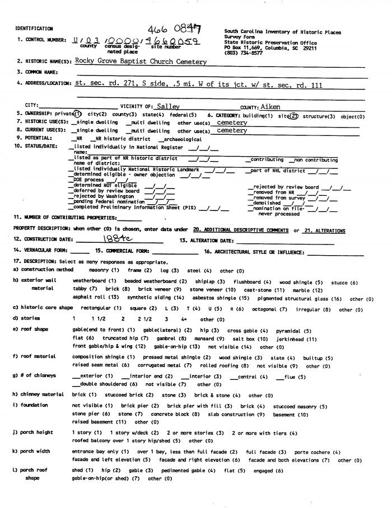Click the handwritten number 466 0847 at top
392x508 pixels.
click(x=175, y=29)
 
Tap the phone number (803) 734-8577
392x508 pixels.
click(x=242, y=53)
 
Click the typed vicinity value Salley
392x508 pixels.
click(x=168, y=106)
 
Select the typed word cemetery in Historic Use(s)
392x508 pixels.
click(x=231, y=123)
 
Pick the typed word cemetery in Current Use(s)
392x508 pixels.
click(x=231, y=130)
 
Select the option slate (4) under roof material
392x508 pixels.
click(x=278, y=358)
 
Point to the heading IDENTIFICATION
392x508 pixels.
click(x=34, y=29)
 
